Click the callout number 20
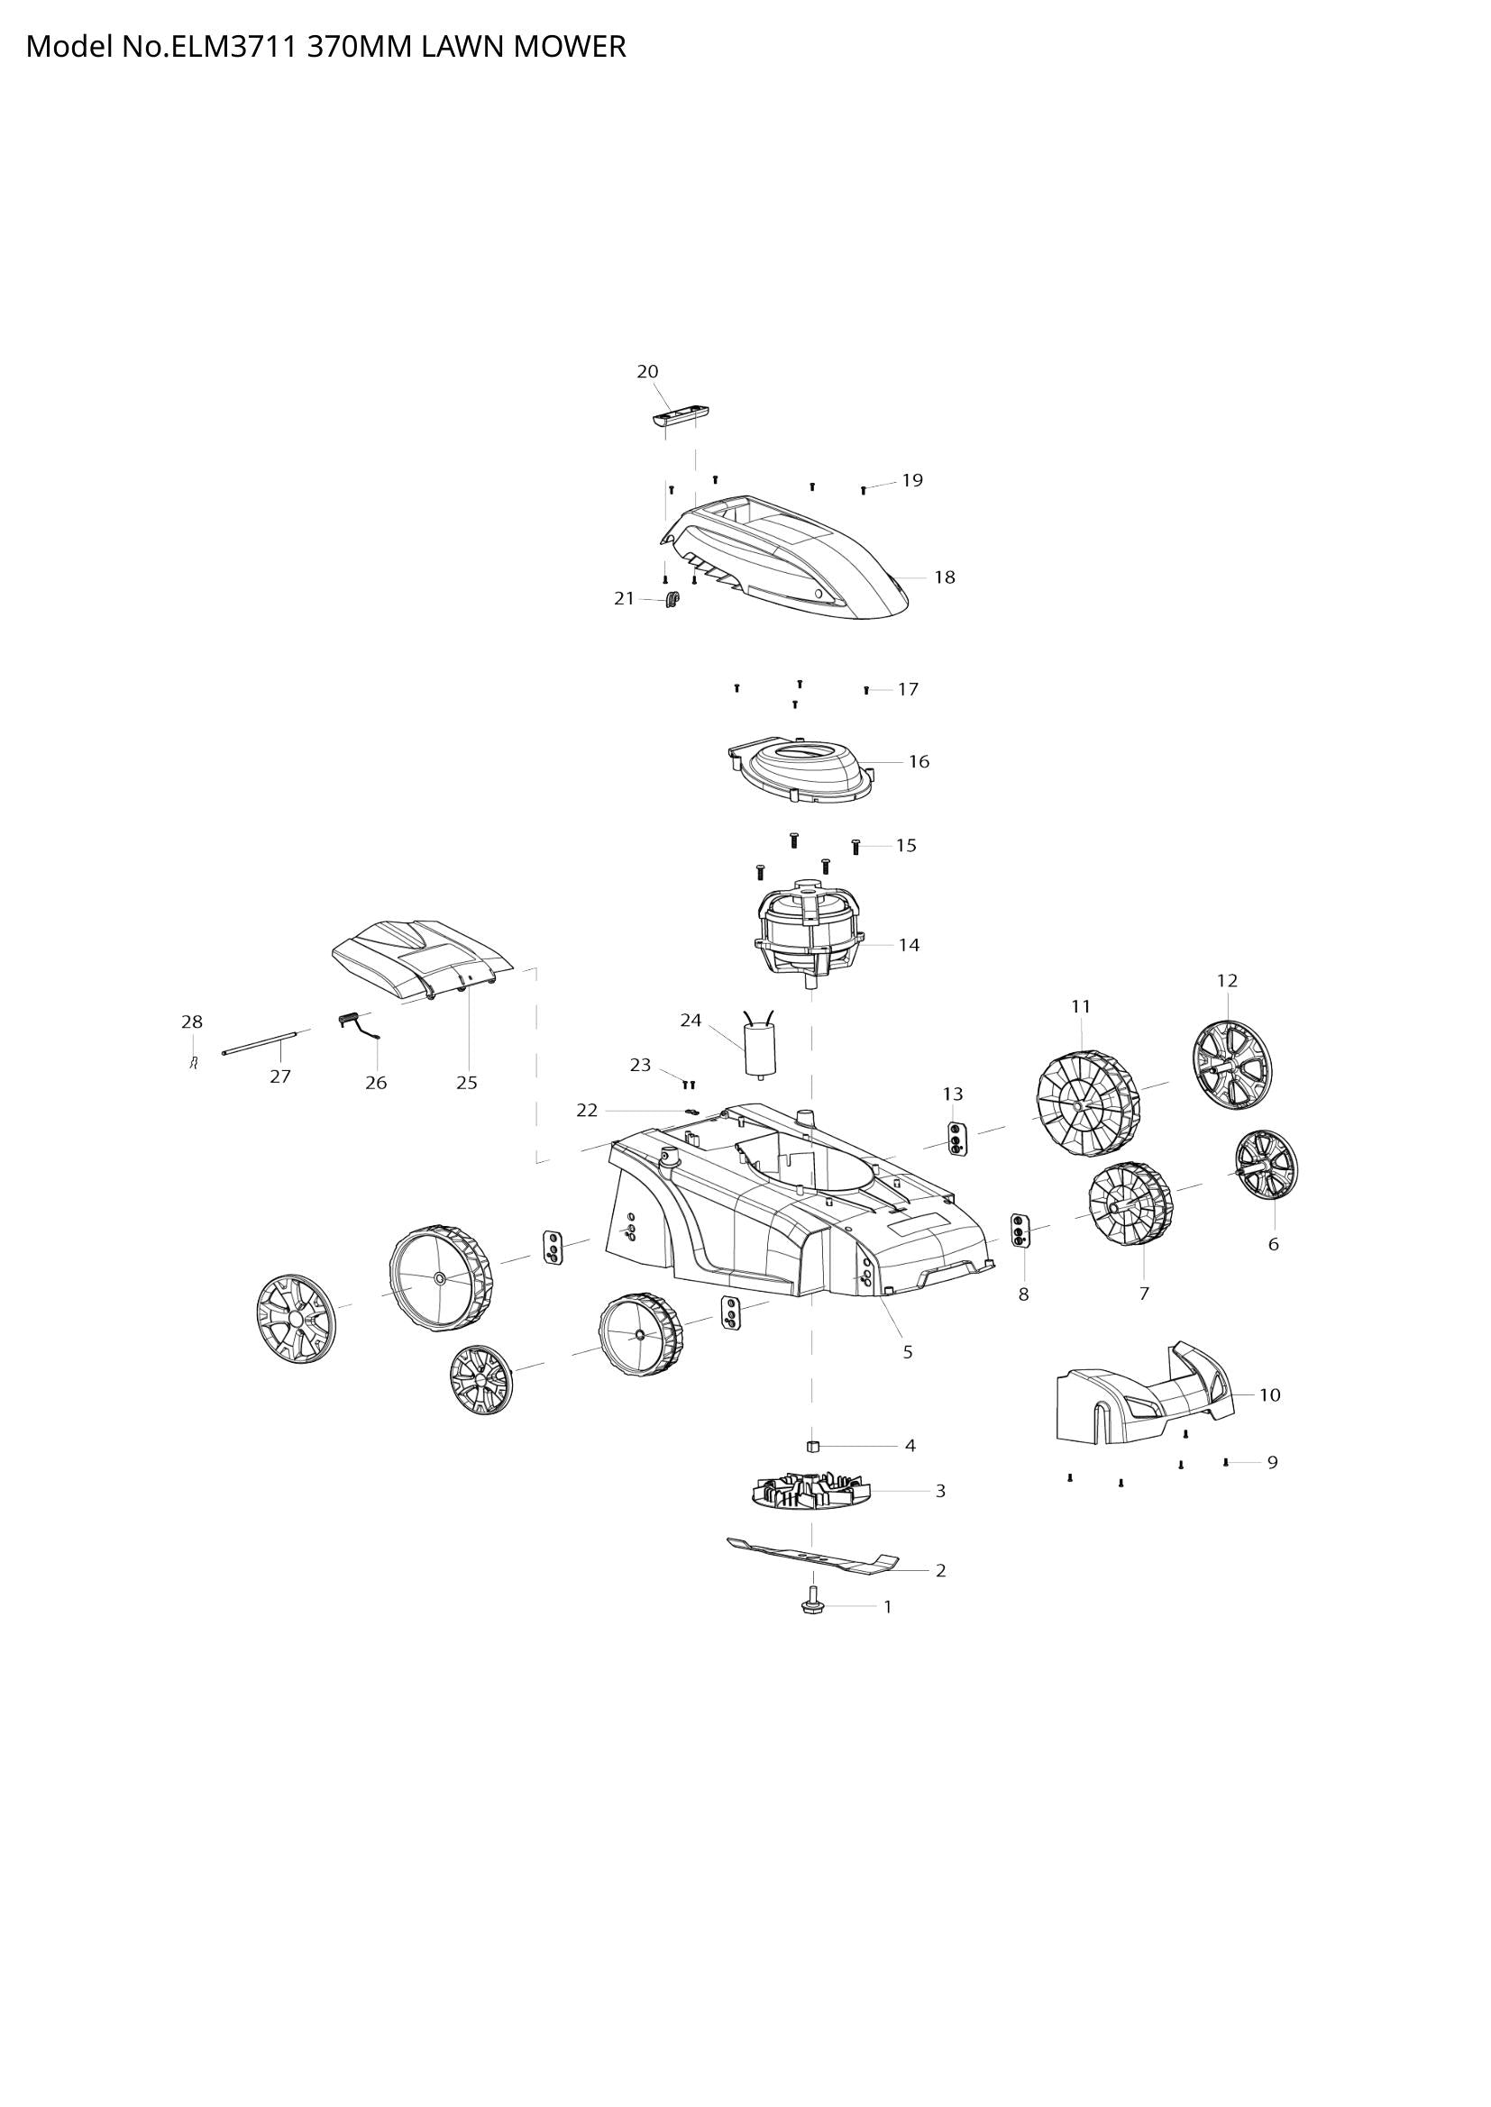(x=647, y=372)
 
